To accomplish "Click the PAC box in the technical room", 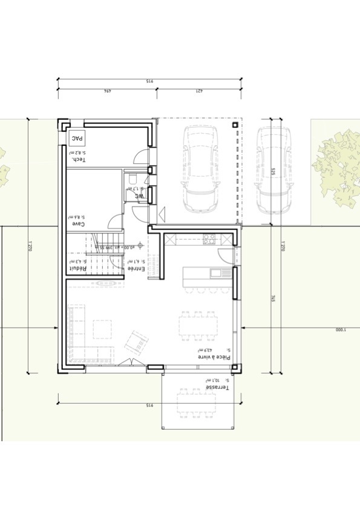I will (x=76, y=139).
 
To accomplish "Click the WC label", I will (x=139, y=195).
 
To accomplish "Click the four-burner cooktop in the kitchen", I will (x=210, y=238).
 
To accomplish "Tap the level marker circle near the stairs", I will (x=140, y=245).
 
